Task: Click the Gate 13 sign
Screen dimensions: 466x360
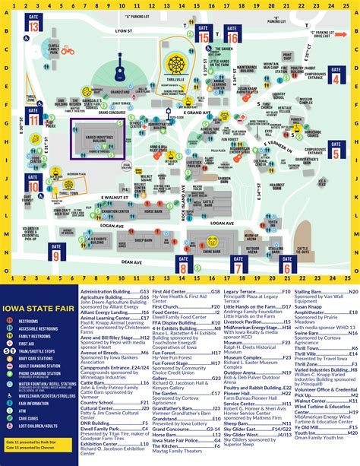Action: pyautogui.click(x=34, y=23)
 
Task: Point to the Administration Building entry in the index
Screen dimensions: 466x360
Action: pyautogui.click(x=114, y=290)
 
